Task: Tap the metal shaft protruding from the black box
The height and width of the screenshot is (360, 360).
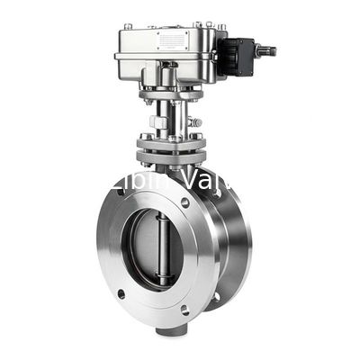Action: pyautogui.click(x=265, y=51)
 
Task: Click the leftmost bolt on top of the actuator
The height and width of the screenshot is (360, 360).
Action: pyautogui.click(x=128, y=27)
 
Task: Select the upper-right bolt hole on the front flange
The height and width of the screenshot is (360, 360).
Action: pyautogui.click(x=185, y=202)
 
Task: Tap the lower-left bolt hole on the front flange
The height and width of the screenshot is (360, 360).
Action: pyautogui.click(x=121, y=293)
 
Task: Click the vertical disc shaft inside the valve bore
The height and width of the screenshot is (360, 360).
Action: pyautogui.click(x=162, y=249)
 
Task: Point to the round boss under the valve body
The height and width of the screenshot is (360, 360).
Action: pyautogui.click(x=167, y=331)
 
